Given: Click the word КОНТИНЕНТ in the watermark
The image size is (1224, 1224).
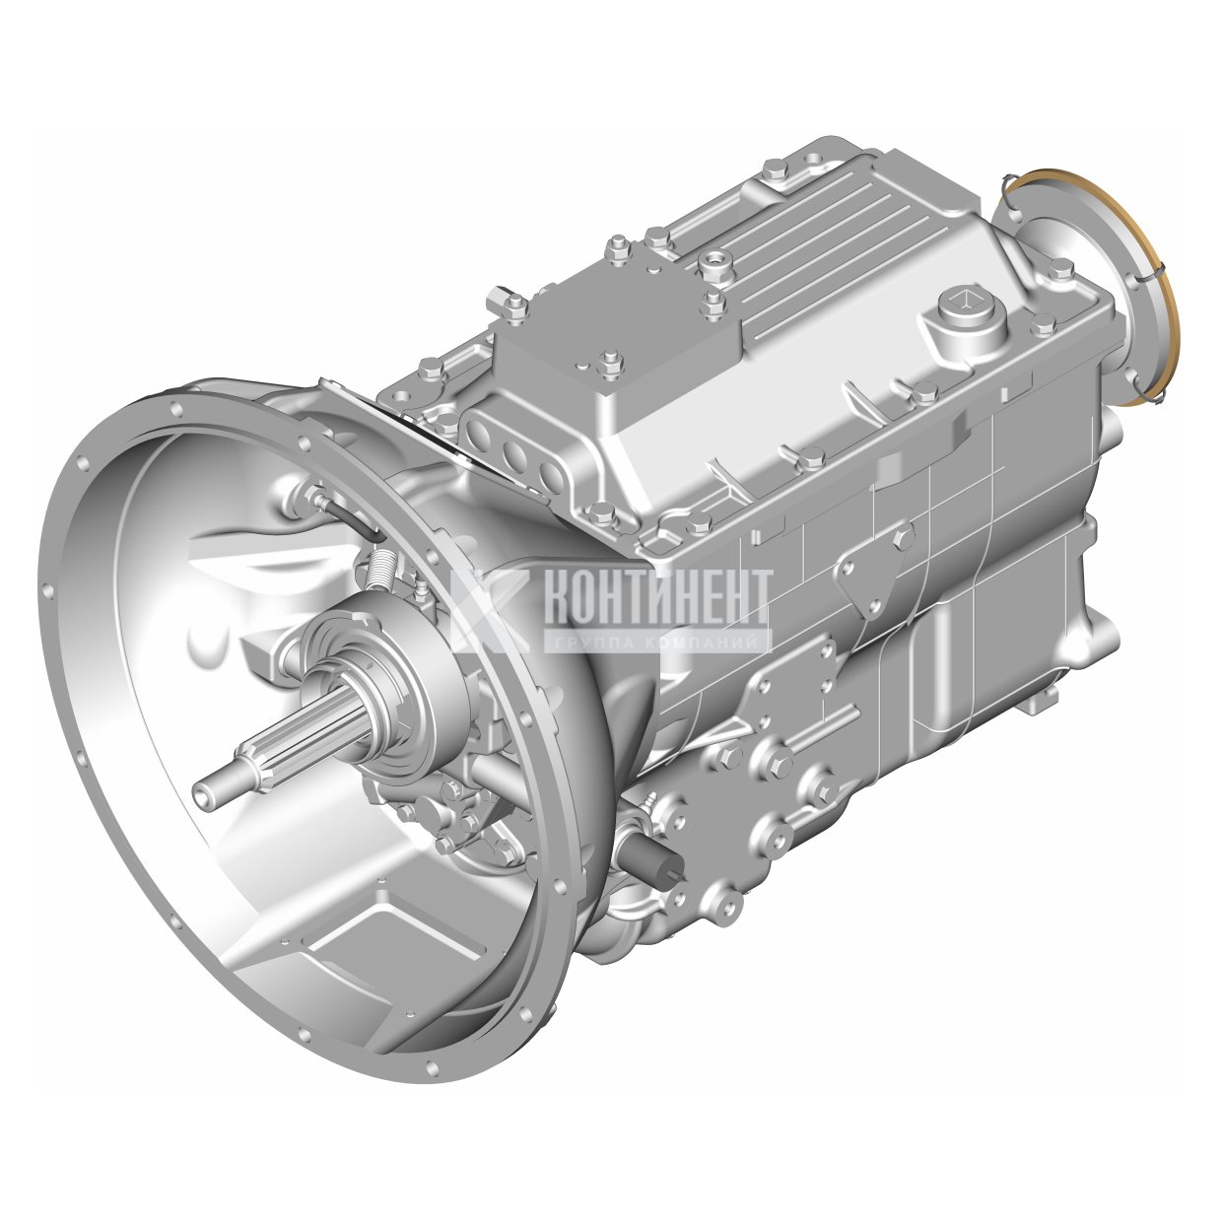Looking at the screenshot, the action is pyautogui.click(x=656, y=597).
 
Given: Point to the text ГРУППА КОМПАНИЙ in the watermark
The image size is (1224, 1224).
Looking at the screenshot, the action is pyautogui.click(x=656, y=643).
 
